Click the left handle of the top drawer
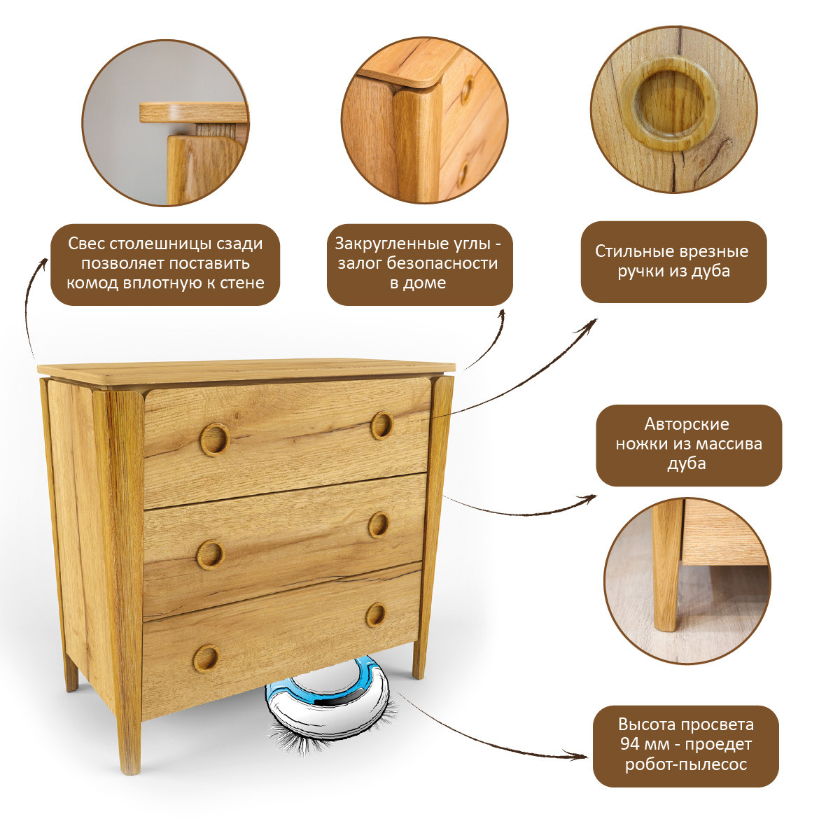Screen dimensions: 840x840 [214, 440]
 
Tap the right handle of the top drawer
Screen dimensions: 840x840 [382, 426]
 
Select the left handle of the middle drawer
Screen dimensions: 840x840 [211, 554]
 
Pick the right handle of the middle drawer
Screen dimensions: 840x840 [379, 524]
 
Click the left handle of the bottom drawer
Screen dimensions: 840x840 [206, 658]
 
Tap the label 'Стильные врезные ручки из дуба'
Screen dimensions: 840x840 [673, 262]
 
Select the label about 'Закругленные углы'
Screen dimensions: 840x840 [419, 264]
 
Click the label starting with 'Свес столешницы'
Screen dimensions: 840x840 [165, 264]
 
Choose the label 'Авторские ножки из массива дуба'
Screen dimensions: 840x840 [689, 445]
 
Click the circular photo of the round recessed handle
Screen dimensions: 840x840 [674, 109]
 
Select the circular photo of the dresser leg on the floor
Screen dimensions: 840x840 [687, 581]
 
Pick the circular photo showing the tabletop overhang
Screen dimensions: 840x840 [165, 122]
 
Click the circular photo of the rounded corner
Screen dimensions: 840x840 [425, 120]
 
